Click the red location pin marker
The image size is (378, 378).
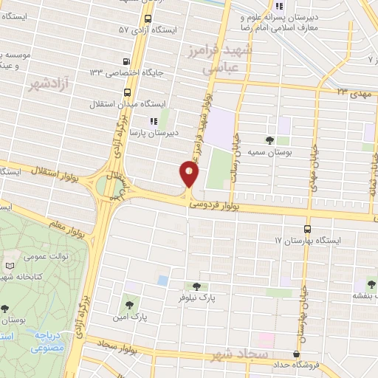[x=189, y=175]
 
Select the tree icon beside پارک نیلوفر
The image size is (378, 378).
[x=196, y=287]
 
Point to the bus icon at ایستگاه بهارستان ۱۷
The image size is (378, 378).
[x=306, y=230]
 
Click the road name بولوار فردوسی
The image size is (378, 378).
[x=221, y=209]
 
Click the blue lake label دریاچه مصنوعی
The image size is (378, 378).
[x=50, y=340]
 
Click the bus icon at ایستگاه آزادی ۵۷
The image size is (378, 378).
[x=148, y=18]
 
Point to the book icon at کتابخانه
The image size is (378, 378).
[x=10, y=265]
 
